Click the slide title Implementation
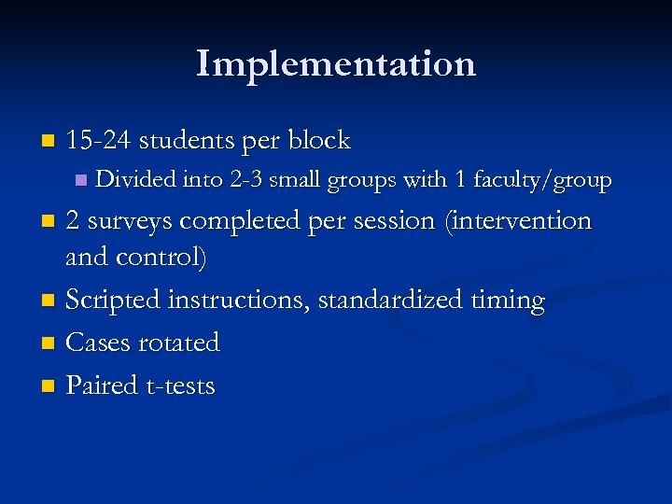pyautogui.click(x=336, y=63)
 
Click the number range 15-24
pyautogui.click(x=100, y=141)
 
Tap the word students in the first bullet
pyautogui.click(x=187, y=141)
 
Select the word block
pyautogui.click(x=318, y=141)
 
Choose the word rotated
pyautogui.click(x=179, y=343)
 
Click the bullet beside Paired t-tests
pyautogui.click(x=49, y=386)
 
